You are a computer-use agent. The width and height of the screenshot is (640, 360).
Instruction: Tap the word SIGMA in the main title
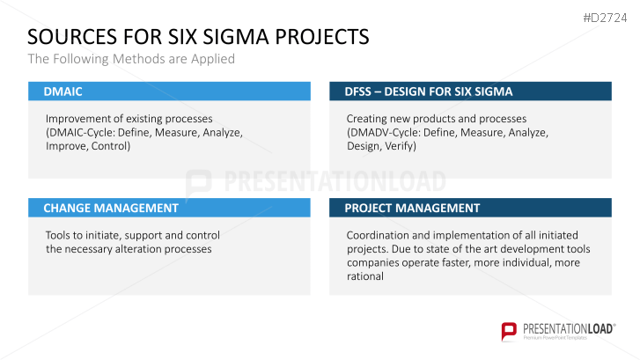click(x=235, y=37)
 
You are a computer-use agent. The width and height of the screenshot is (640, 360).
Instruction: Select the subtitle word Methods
click(x=135, y=59)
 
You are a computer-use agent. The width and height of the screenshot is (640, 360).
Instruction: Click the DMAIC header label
click(x=63, y=91)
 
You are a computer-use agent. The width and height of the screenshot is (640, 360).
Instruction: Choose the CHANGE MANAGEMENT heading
click(x=111, y=208)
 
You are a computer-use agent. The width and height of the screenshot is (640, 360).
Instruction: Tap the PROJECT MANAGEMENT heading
click(x=412, y=208)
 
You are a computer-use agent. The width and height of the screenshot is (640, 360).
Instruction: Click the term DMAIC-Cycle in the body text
click(x=79, y=132)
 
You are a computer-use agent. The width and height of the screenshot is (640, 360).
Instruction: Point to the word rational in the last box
click(x=365, y=276)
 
